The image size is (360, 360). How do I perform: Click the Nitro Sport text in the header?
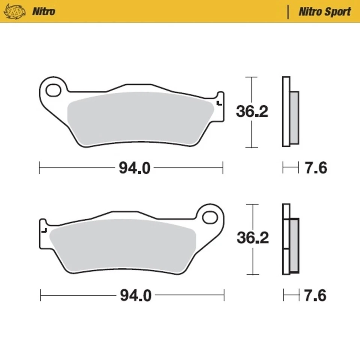point(324,12)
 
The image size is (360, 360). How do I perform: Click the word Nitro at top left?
point(43,11)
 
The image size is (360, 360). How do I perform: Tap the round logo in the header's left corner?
point(13,11)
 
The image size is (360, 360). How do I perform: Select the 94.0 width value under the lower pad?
point(136,295)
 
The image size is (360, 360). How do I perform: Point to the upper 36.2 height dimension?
point(252,111)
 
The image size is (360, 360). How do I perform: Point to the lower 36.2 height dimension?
point(253,238)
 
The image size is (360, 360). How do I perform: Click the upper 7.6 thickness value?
point(315,168)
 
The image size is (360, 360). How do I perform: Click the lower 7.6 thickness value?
point(315,295)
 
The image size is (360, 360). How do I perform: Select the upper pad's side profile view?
point(290,111)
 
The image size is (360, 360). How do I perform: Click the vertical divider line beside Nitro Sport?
point(288,12)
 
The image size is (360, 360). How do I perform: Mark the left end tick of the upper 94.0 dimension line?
point(39,168)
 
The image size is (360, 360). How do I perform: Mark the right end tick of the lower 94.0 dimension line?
point(224,295)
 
